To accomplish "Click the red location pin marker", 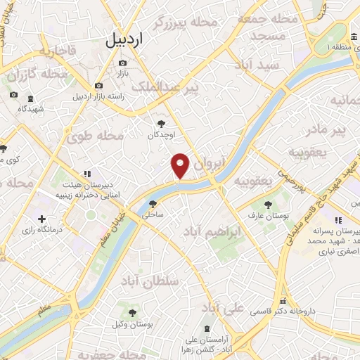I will pyautogui.click(x=181, y=165).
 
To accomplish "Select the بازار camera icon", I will pyautogui.click(x=122, y=63).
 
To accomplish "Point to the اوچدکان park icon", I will pyautogui.click(x=162, y=124).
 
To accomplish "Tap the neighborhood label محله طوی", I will pyautogui.click(x=95, y=136).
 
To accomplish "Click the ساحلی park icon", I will pyautogui.click(x=153, y=204).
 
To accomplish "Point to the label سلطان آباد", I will pyautogui.click(x=150, y=281).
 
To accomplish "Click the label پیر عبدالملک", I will pyautogui.click(x=176, y=86).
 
